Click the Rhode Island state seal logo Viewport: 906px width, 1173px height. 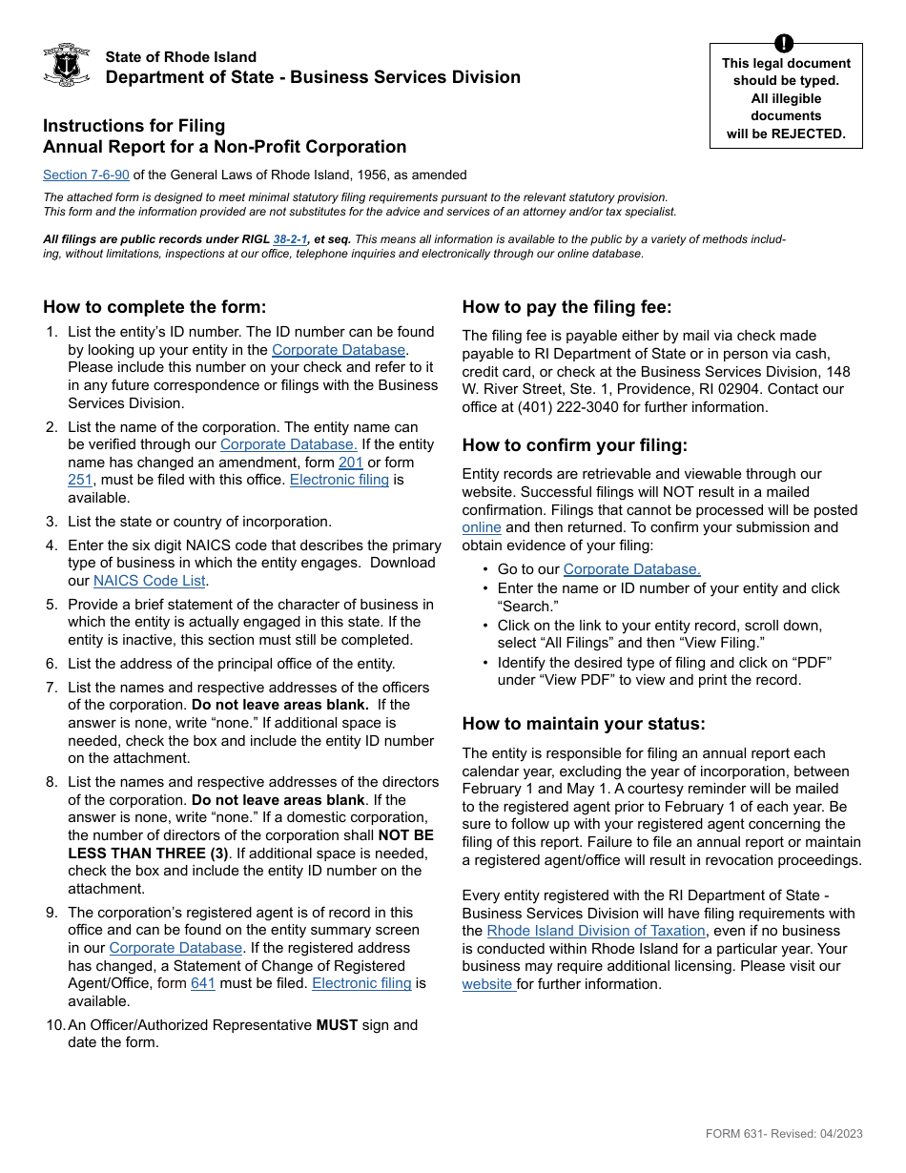pyautogui.click(x=67, y=65)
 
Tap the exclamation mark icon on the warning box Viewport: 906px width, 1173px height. pyautogui.click(x=784, y=43)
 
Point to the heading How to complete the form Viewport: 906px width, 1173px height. pyautogui.click(x=154, y=307)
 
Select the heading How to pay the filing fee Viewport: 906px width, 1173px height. pyautogui.click(x=566, y=307)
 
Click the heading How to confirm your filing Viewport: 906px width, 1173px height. pyautogui.click(x=574, y=445)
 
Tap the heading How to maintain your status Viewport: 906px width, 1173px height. pyautogui.click(x=584, y=724)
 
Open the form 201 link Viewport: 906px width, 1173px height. pyautogui.click(x=351, y=463)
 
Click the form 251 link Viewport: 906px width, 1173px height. pyautogui.click(x=80, y=480)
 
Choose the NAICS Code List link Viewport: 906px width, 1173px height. pyautogui.click(x=150, y=580)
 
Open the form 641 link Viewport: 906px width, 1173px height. pyautogui.click(x=203, y=983)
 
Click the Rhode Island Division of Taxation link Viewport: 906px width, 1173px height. pyautogui.click(x=596, y=931)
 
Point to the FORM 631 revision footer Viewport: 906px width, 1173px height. pyautogui.click(x=784, y=1134)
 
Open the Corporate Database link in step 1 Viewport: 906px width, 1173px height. pyautogui.click(x=339, y=350)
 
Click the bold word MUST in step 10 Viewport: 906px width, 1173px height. pyautogui.click(x=337, y=1025)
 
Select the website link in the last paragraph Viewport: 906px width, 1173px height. pyautogui.click(x=488, y=984)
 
